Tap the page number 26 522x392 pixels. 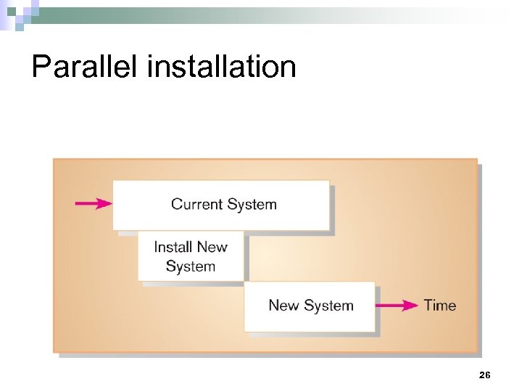coord(485,375)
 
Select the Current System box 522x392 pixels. coord(220,205)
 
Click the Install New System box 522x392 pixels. coord(191,256)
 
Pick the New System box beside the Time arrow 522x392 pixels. coord(310,306)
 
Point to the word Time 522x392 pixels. coord(440,305)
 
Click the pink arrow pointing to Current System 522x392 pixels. coord(93,204)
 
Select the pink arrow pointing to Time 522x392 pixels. coord(397,306)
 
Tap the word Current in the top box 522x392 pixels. coord(196,204)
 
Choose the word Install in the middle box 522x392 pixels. coord(173,247)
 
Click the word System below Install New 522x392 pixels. coord(191,266)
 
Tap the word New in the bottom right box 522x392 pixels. coord(284,305)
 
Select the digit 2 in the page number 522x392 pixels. coord(482,375)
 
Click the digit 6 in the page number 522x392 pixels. coord(488,375)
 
